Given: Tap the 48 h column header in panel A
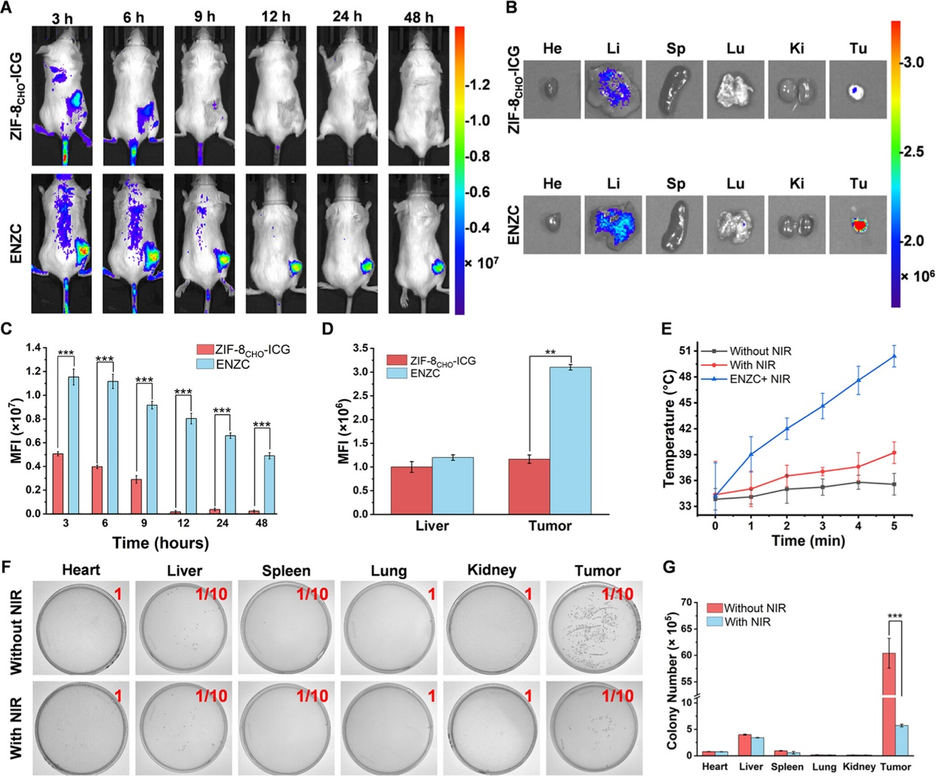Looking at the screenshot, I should pyautogui.click(x=417, y=17).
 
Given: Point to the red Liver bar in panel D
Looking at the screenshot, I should pyautogui.click(x=412, y=490).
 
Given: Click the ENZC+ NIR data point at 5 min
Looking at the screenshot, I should pyautogui.click(x=894, y=356).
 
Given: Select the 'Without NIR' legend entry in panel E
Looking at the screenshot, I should pyautogui.click(x=760, y=351).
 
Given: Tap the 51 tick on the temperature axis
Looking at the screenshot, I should pyautogui.click(x=686, y=350).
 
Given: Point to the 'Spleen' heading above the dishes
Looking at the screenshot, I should pyautogui.click(x=285, y=571).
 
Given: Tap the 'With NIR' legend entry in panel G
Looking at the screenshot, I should pyautogui.click(x=747, y=622).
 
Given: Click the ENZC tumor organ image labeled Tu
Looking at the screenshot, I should pyautogui.click(x=856, y=224).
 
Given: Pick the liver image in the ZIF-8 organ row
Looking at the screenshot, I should pyautogui.click(x=613, y=90).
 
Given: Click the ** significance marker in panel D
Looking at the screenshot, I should pyautogui.click(x=550, y=352).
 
